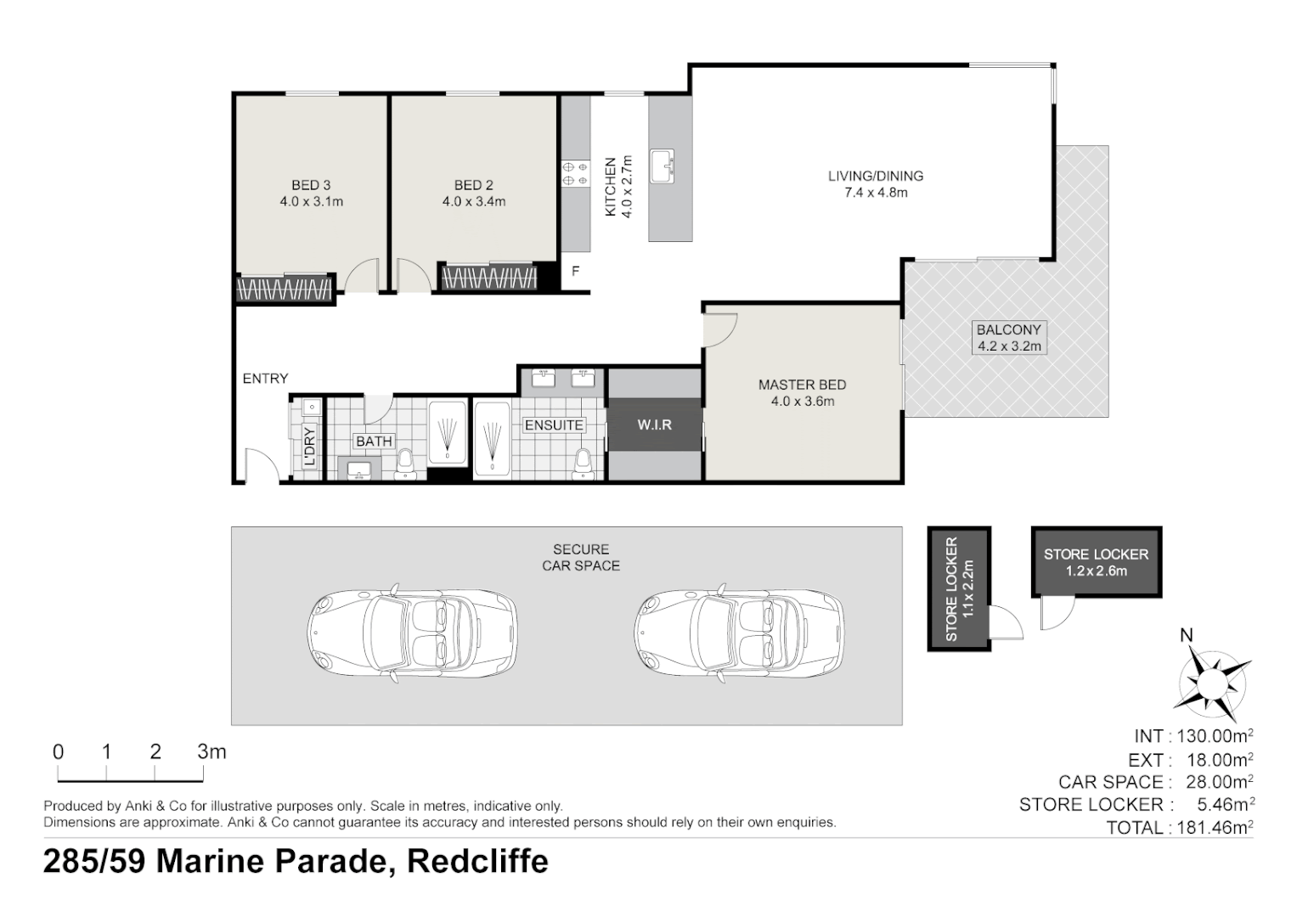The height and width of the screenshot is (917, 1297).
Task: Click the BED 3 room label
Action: (x=311, y=185)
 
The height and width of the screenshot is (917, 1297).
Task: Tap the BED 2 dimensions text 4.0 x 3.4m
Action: (x=473, y=202)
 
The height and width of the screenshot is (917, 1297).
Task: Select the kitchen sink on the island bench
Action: (x=662, y=166)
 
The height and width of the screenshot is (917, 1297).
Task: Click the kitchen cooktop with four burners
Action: (x=575, y=173)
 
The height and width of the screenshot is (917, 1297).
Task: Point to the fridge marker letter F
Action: (x=575, y=272)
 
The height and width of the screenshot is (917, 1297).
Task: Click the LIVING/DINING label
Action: (x=876, y=177)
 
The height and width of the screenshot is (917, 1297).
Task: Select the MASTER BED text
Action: (x=802, y=385)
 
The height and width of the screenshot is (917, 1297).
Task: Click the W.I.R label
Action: (x=654, y=424)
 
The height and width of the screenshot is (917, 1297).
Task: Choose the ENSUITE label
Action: (x=554, y=425)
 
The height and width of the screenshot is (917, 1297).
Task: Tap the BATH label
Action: (x=374, y=442)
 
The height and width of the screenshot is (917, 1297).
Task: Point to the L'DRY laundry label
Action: (x=309, y=446)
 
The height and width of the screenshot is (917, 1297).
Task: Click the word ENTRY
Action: (x=265, y=379)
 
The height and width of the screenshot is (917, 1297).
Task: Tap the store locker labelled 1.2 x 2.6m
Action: (x=1096, y=562)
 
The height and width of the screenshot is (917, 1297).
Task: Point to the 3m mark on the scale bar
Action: (x=211, y=751)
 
